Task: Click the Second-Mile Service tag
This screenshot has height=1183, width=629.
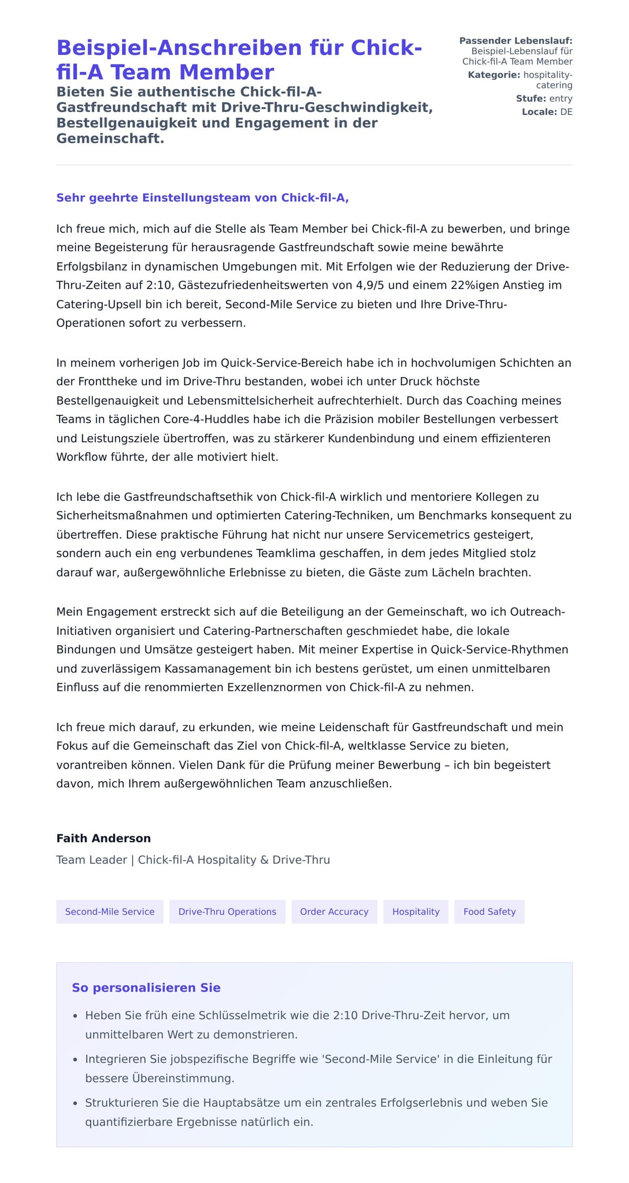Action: coord(110,911)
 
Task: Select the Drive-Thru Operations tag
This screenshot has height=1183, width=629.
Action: coord(227,911)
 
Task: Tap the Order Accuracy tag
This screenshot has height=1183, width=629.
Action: coord(334,911)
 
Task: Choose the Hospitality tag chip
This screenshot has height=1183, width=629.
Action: coord(416,911)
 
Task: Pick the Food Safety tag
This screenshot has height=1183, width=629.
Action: coord(489,911)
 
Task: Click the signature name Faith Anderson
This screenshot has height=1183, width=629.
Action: coord(103,838)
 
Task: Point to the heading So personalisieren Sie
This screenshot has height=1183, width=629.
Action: coord(146,987)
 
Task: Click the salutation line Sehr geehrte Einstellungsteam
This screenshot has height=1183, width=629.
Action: coord(202,198)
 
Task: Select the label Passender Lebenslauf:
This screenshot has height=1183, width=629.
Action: coord(516,41)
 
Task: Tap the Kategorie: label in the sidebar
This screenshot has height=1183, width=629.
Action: coord(494,75)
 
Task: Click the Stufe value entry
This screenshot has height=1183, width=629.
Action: coord(560,99)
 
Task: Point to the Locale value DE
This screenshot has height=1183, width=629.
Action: coord(566,112)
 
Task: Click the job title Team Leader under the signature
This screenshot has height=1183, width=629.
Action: coord(92,860)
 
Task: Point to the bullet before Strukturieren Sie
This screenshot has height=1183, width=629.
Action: coord(75,1104)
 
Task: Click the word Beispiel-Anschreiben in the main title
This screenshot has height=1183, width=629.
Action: coord(179,48)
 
